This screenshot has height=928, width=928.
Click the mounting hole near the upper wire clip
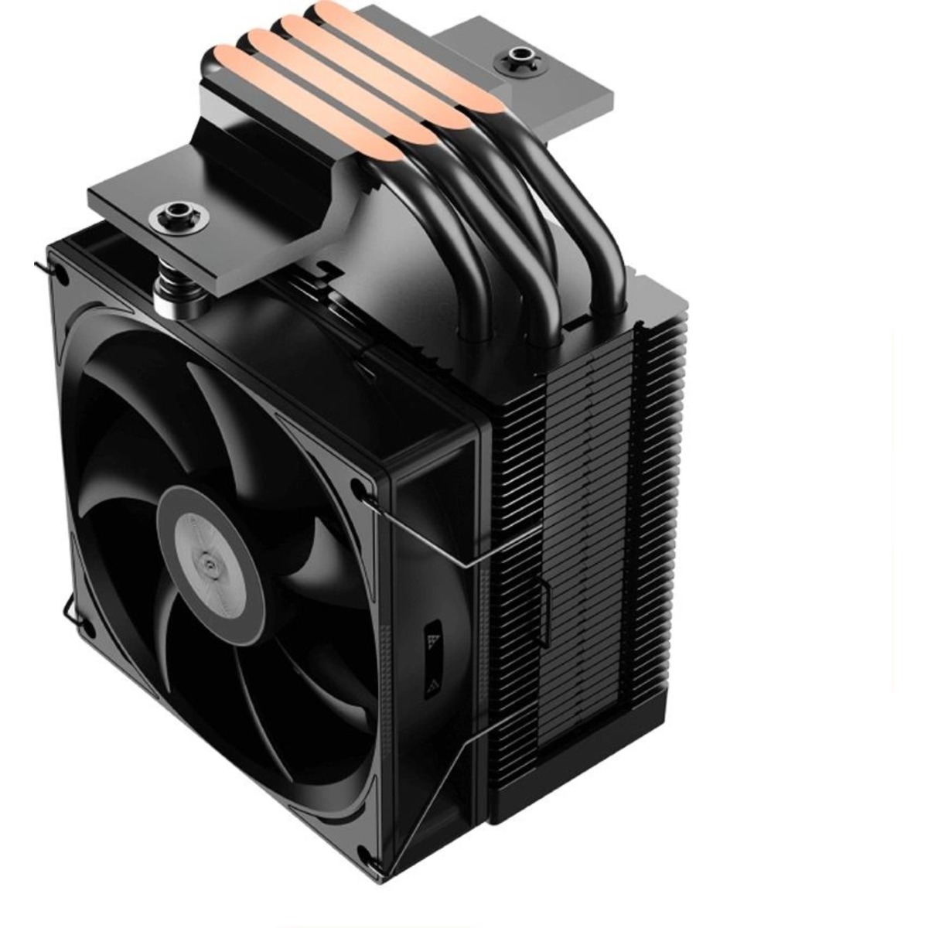[356, 486]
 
